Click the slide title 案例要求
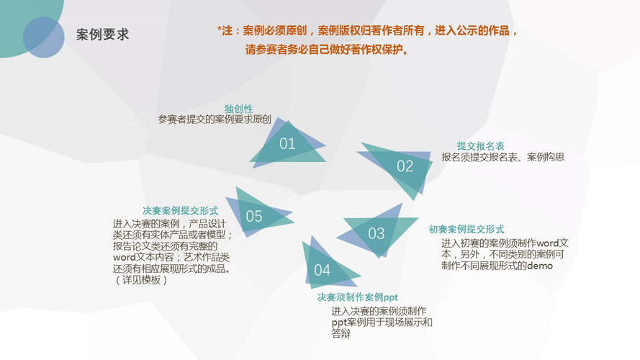(102, 35)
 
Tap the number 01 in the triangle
(287, 144)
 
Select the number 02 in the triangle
(405, 166)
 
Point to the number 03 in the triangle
(377, 233)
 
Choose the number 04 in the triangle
(322, 270)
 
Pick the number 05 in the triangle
(254, 216)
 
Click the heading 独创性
(238, 109)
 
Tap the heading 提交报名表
(480, 145)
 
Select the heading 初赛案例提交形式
(466, 229)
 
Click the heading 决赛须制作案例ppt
(357, 297)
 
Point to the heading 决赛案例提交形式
(180, 211)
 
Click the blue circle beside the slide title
(44, 37)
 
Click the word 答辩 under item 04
(341, 334)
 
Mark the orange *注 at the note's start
(225, 31)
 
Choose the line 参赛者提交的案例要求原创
(215, 120)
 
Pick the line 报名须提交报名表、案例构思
(502, 157)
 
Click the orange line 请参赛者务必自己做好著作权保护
(327, 50)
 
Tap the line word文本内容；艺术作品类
(171, 258)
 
